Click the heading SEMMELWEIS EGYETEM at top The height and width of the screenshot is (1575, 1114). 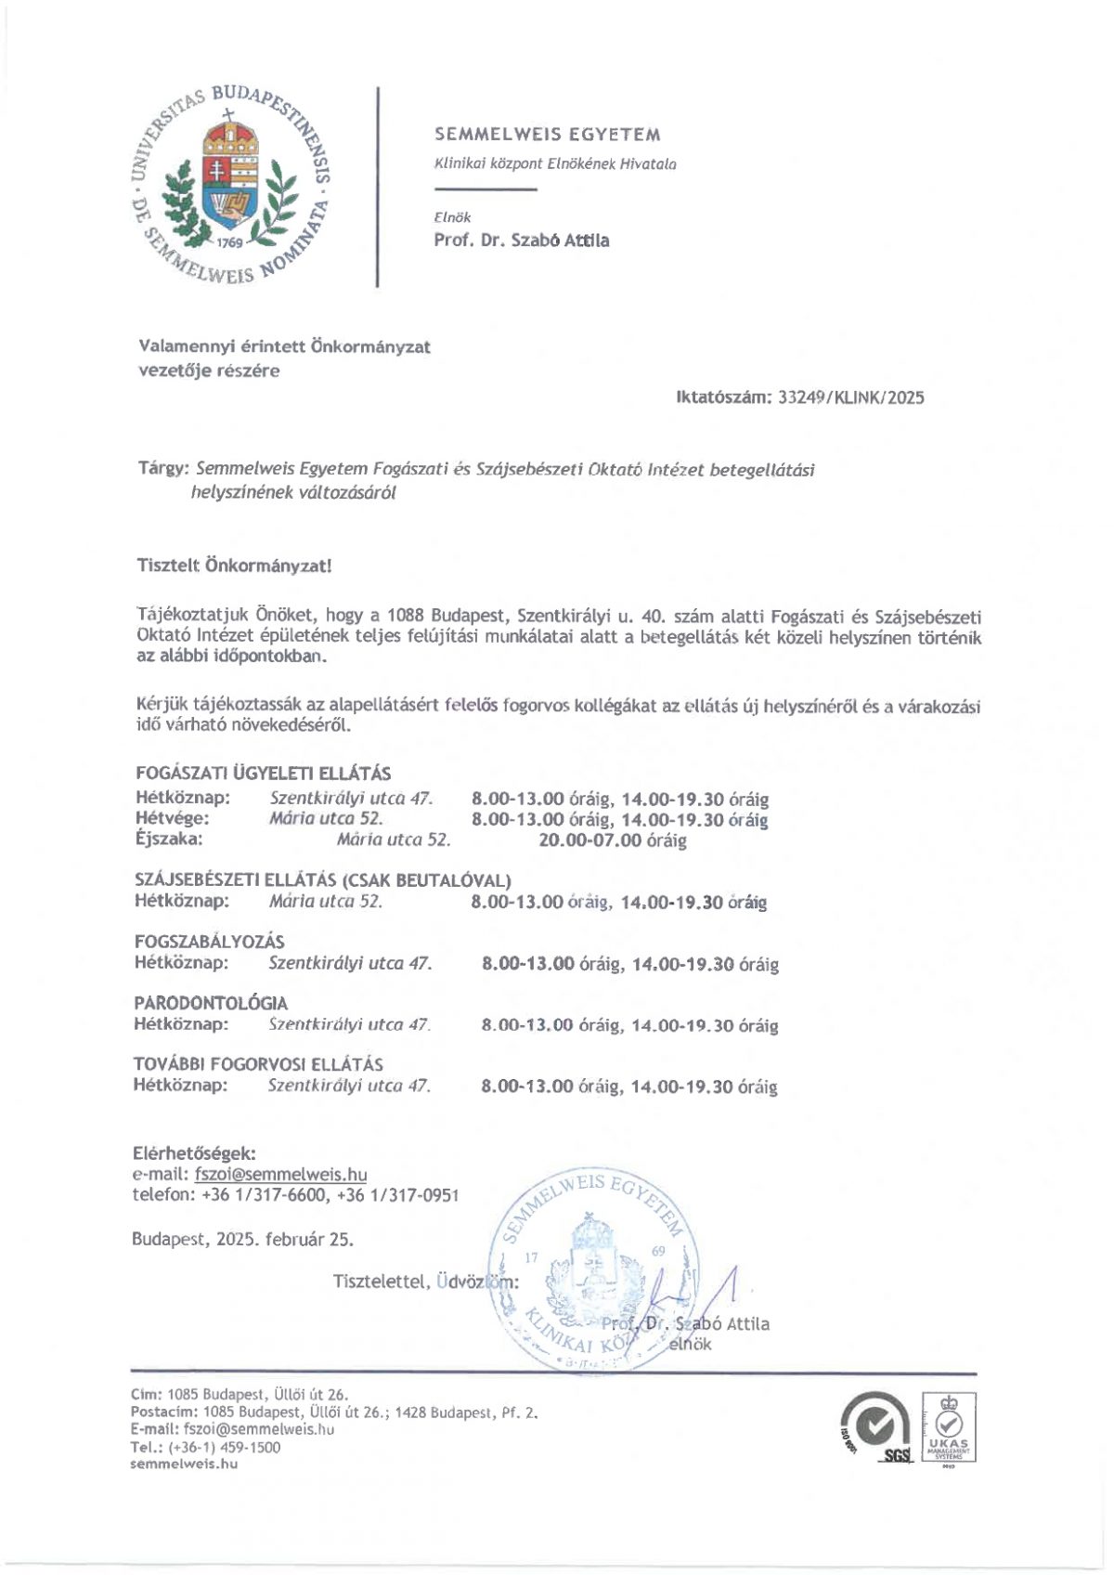pyautogui.click(x=548, y=135)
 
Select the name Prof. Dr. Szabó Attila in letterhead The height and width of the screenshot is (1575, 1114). pyautogui.click(x=522, y=241)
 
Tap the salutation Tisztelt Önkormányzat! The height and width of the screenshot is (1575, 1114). pyautogui.click(x=233, y=565)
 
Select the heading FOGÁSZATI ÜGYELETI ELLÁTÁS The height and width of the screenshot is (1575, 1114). pyautogui.click(x=263, y=773)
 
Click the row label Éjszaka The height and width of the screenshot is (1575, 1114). pyautogui.click(x=169, y=840)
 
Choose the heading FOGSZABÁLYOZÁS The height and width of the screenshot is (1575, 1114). pyautogui.click(x=209, y=942)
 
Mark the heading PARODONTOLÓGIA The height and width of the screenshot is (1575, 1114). pyautogui.click(x=211, y=1003)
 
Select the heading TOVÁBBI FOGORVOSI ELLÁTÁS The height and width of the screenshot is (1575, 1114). pyautogui.click(x=258, y=1064)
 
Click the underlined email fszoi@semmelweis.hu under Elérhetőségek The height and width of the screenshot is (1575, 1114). pyautogui.click(x=280, y=1175)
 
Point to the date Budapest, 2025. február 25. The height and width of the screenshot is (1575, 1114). pyautogui.click(x=242, y=1239)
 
